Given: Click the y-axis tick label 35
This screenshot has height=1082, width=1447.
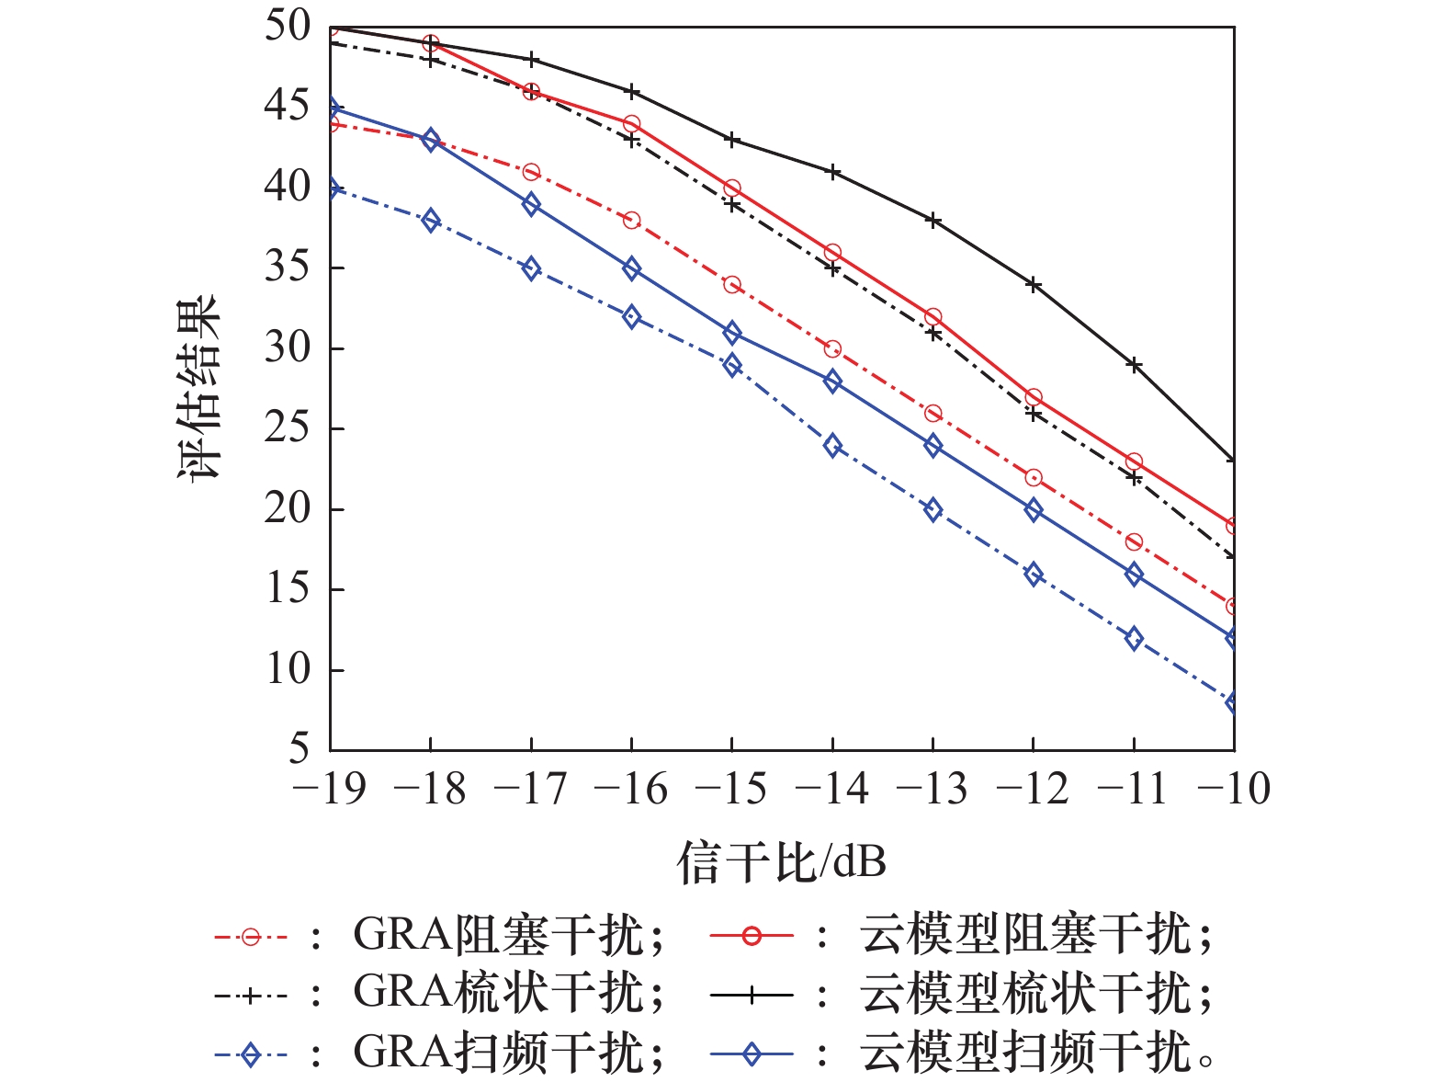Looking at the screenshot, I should point(288,268).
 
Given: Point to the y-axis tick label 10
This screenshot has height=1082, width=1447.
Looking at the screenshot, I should point(288,669).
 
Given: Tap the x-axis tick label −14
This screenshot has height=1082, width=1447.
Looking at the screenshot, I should point(831,790).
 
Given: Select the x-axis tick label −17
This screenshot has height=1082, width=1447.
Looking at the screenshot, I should point(529,790).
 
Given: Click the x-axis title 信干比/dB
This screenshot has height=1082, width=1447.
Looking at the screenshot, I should point(781,862).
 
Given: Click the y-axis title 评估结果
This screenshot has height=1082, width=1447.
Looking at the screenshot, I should point(199,387).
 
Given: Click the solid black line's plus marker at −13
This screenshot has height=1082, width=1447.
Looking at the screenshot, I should point(933,221).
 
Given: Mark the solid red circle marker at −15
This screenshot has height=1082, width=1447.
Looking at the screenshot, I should point(732,188).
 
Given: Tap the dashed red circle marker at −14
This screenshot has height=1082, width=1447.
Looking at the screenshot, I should point(832,349).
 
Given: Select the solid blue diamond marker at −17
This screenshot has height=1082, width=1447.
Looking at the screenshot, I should point(531,204).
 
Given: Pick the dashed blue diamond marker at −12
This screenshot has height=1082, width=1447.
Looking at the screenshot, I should point(1034,575).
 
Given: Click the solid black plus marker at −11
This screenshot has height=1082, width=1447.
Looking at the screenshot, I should point(1135,365).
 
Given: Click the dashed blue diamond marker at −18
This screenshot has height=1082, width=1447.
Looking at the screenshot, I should point(431,221).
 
